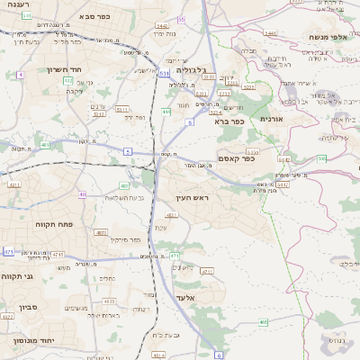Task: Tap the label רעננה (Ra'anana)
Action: click(x=15, y=5)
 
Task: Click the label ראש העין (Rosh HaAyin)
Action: click(x=189, y=197)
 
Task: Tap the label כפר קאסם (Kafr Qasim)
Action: click(x=236, y=158)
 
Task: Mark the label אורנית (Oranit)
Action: click(x=271, y=119)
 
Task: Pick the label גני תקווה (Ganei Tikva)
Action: click(x=17, y=276)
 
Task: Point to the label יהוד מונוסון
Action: click(x=33, y=341)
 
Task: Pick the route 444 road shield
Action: click(x=166, y=112)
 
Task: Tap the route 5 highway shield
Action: click(x=128, y=152)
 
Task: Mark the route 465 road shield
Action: click(x=263, y=321)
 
